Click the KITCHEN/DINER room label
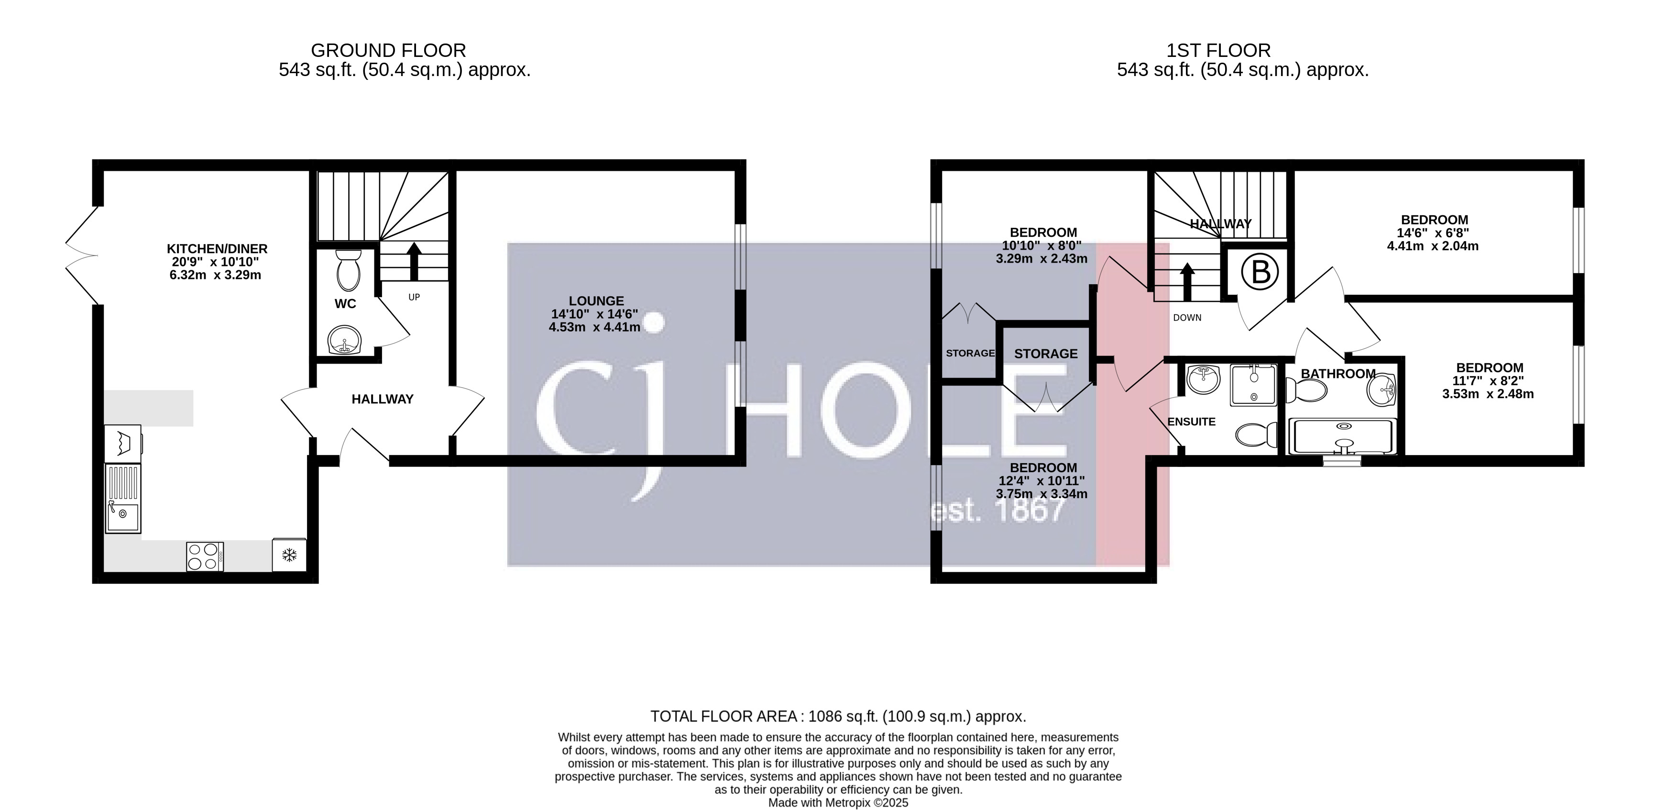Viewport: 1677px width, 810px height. tap(217, 249)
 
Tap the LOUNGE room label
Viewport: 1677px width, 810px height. tap(596, 301)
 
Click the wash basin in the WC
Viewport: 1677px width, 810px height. tap(344, 340)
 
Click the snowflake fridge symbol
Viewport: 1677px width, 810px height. tap(289, 555)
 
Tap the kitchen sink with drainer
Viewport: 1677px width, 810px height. tap(123, 499)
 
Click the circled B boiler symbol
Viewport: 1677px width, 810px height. tap(1260, 272)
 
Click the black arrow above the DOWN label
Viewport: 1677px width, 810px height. tap(1187, 281)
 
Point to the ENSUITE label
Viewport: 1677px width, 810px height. tap(1191, 422)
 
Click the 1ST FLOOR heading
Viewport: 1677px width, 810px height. tap(1218, 50)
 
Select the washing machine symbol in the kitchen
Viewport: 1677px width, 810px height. tap(123, 444)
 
